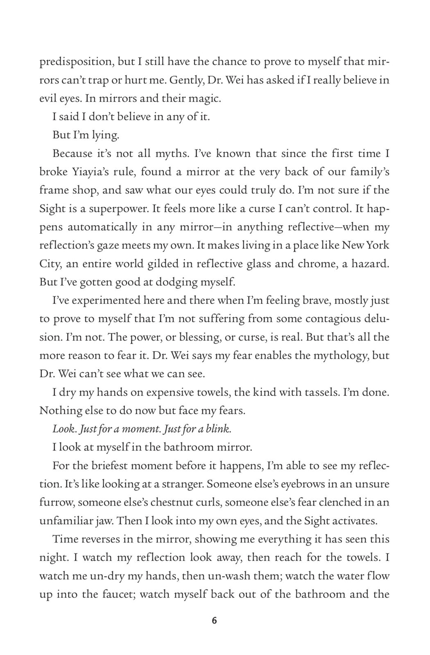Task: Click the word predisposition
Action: point(76,62)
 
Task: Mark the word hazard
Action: point(370,264)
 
